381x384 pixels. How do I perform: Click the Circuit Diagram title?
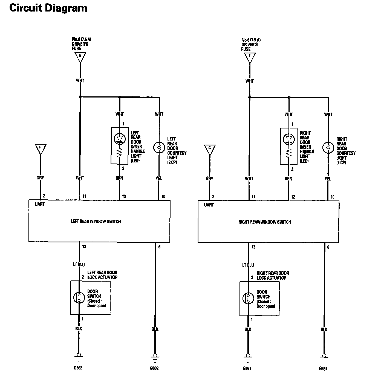[48, 8]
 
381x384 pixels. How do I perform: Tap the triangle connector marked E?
[80, 57]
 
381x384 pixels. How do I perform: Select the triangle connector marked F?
[249, 57]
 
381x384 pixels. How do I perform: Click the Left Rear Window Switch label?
[96, 221]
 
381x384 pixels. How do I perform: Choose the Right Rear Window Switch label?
[265, 222]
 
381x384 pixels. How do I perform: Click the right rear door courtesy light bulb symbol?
[328, 148]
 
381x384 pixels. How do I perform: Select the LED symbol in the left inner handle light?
[120, 139]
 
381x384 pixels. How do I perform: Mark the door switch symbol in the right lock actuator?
[247, 298]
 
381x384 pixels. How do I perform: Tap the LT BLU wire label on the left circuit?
[79, 264]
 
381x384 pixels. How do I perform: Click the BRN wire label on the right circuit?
[288, 179]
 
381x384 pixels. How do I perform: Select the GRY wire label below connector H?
[40, 178]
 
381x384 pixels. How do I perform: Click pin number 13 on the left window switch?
[84, 247]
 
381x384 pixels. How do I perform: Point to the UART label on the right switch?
[209, 205]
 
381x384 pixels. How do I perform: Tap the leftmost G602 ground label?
[78, 368]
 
